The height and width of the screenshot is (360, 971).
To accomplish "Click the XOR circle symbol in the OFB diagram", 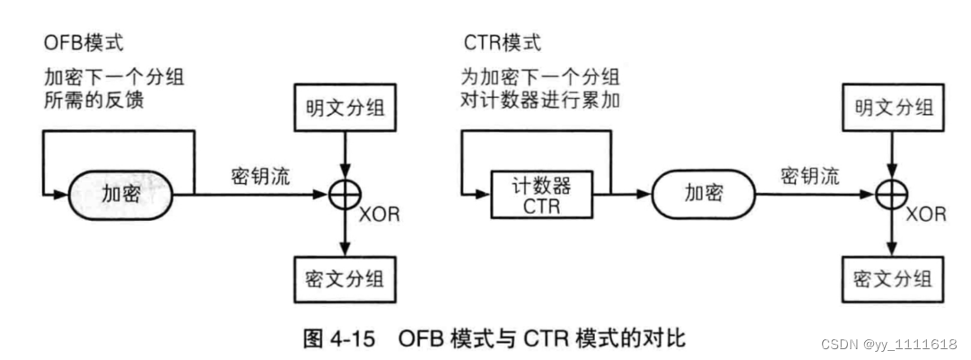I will click(343, 193).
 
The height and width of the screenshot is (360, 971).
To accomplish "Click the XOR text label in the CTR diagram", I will click(925, 215).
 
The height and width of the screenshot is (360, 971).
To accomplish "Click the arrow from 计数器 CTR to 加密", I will click(628, 192).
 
